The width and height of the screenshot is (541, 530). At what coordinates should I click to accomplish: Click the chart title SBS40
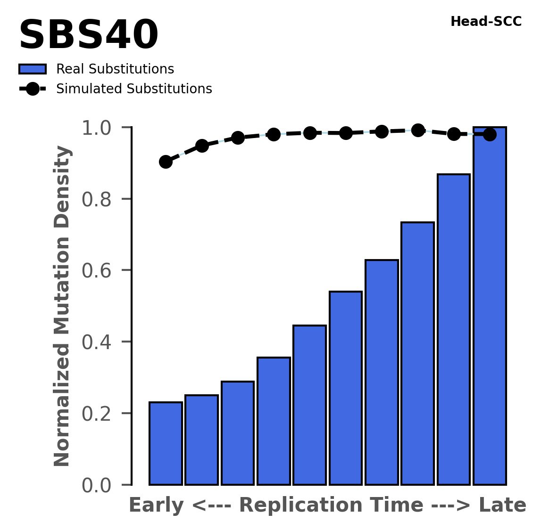(x=88, y=36)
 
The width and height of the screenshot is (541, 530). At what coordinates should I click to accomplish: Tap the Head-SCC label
(x=486, y=22)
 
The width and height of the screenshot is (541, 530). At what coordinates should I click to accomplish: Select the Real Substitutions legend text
(x=115, y=69)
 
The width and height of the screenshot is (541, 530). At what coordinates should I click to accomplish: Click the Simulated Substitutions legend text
(x=134, y=89)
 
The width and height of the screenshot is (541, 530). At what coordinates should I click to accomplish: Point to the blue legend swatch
(x=33, y=69)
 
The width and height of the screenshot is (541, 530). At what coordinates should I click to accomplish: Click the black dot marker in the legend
(x=33, y=89)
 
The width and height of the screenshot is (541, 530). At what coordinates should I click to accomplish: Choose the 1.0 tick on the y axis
(x=100, y=128)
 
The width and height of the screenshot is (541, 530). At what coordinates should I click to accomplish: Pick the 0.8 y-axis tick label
(x=100, y=199)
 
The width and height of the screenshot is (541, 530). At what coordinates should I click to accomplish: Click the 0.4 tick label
(x=100, y=342)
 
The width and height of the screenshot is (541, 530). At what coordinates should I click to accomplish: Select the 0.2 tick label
(x=100, y=414)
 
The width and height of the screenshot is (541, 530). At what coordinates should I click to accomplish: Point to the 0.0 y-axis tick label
(x=100, y=485)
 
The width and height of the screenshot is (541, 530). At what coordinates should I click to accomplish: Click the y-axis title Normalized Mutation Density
(x=62, y=306)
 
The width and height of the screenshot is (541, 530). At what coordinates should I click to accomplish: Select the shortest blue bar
(x=166, y=443)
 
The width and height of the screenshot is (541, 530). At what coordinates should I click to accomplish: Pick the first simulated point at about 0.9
(x=166, y=162)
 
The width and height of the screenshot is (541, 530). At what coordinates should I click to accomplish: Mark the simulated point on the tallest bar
(x=490, y=135)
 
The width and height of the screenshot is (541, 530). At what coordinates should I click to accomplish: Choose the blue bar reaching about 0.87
(x=454, y=330)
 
